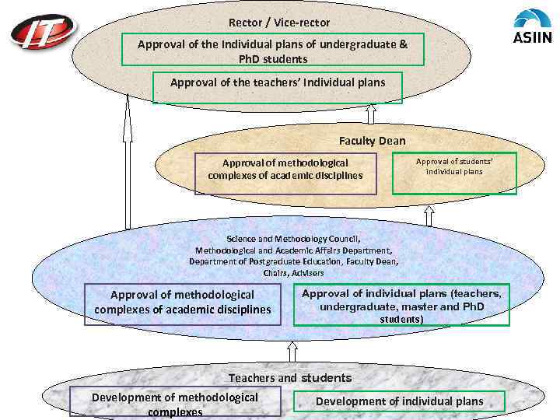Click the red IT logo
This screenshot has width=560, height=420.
pyautogui.click(x=44, y=33)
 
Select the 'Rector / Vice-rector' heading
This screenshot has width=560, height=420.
pyautogui.click(x=279, y=23)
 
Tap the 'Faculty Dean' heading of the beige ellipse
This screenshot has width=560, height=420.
pyautogui.click(x=372, y=141)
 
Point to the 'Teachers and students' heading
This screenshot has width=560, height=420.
pyautogui.click(x=289, y=378)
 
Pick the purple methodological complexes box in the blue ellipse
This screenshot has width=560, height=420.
pyautogui.click(x=182, y=303)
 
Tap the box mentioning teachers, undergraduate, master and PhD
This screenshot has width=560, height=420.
pyautogui.click(x=401, y=304)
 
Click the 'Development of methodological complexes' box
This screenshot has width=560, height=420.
pyautogui.click(x=175, y=403)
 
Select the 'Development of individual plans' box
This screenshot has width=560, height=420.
pyautogui.click(x=399, y=401)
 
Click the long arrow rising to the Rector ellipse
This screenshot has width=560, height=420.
pyautogui.click(x=127, y=163)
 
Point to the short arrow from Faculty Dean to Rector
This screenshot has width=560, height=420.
pyautogui.click(x=371, y=114)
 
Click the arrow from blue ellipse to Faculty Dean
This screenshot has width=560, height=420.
pyautogui.click(x=429, y=215)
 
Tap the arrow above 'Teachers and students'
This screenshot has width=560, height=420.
pyautogui.click(x=292, y=351)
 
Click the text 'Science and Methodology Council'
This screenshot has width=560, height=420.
pyautogui.click(x=293, y=239)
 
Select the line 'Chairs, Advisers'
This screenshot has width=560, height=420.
pyautogui.click(x=293, y=273)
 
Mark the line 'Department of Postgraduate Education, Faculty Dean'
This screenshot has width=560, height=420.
pyautogui.click(x=293, y=262)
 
